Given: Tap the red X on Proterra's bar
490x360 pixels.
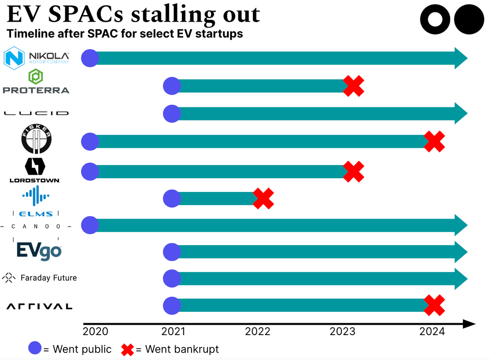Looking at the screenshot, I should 353,86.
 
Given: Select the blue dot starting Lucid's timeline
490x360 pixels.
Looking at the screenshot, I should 172,113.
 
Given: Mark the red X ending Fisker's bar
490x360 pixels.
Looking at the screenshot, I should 434,142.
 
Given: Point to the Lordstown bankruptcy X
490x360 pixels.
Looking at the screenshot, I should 353,171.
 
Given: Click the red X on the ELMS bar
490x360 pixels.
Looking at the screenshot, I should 263,199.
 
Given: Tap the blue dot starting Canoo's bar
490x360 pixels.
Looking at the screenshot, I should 90,224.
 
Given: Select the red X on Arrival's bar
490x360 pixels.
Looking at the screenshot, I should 434,305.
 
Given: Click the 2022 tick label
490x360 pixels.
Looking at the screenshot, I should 258,331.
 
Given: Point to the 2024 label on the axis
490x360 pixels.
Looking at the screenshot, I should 432,331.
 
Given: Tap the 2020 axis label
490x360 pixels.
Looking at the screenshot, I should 96,331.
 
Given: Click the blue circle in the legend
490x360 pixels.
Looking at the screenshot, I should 36,349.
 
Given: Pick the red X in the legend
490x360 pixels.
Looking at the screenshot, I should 128,349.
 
